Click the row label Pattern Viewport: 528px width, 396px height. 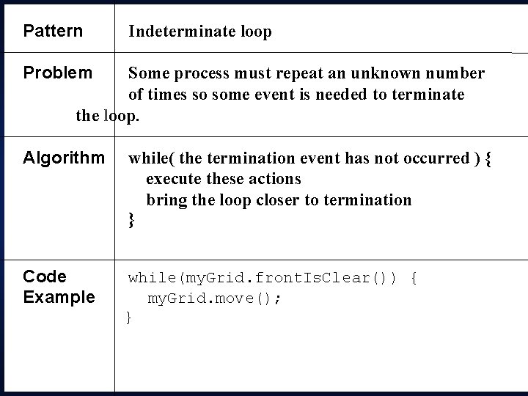point(53,32)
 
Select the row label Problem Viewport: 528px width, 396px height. point(58,73)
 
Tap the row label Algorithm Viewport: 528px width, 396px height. point(64,158)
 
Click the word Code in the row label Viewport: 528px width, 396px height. point(45,276)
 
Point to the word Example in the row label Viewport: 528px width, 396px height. point(59,297)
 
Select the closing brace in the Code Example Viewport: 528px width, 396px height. point(129,318)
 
